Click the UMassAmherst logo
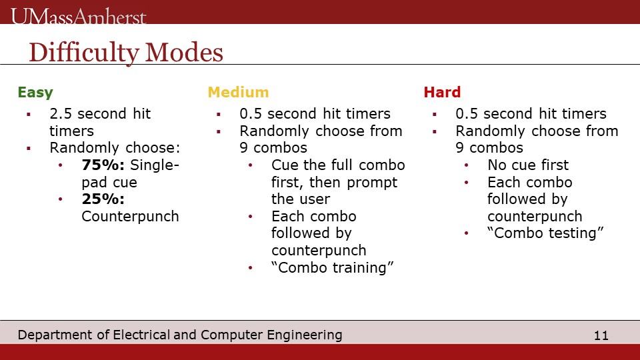tap(79, 16)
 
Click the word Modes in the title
tap(184, 52)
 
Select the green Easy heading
tap(35, 93)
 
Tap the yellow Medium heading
tap(239, 92)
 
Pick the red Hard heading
tap(442, 92)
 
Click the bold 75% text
tap(103, 165)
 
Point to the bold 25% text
tap(103, 199)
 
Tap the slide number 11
tap(601, 335)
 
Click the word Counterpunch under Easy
tap(130, 216)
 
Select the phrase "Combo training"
tap(332, 267)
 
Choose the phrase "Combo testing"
tap(545, 233)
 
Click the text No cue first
tap(528, 165)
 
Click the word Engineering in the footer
tap(305, 335)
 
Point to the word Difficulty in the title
tap(84, 53)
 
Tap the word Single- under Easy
tap(155, 165)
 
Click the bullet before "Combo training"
tap(251, 268)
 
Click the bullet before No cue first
tap(467, 165)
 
